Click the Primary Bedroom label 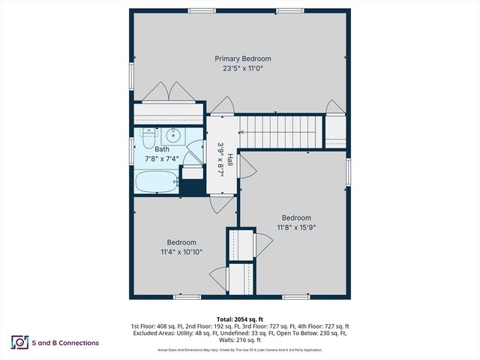tap(243, 58)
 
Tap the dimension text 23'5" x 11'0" tap(243, 68)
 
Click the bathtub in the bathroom tap(155, 182)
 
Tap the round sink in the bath tap(172, 136)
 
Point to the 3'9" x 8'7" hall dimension tap(221, 159)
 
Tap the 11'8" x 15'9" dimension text tap(296, 227)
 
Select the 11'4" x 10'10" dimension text tap(181, 252)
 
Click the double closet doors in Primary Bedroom tap(169, 92)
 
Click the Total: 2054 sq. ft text tap(239, 318)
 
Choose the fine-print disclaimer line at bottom tap(239, 350)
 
